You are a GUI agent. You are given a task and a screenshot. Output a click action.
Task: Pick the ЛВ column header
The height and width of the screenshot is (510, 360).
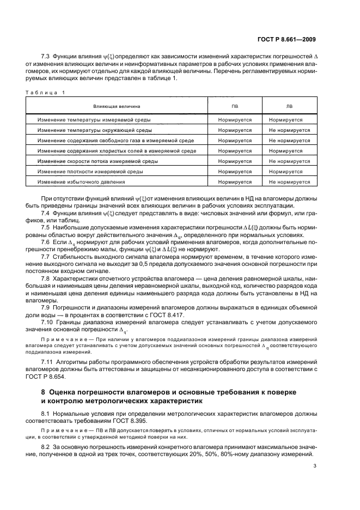(289, 106)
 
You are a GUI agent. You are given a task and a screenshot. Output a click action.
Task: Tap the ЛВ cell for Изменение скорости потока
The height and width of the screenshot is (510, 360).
(289, 161)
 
